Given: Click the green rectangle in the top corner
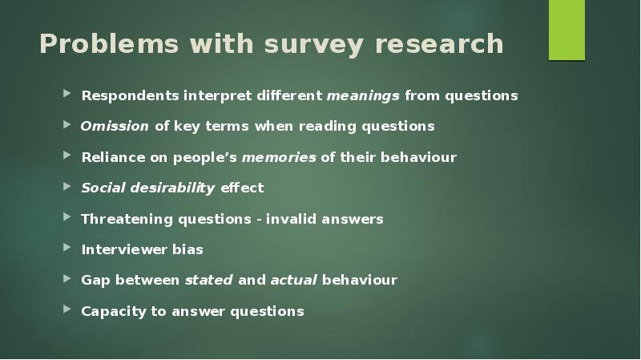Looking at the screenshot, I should click(566, 30).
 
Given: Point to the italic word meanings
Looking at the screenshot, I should click(363, 96).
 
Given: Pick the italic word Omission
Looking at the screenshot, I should click(115, 127).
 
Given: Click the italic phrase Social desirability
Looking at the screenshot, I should click(147, 188).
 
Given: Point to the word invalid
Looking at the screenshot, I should click(293, 219).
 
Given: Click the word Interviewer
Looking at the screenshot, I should click(123, 249).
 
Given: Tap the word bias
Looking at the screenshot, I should click(187, 249).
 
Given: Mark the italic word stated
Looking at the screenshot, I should click(209, 281).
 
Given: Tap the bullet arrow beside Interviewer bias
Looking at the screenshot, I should click(67, 249).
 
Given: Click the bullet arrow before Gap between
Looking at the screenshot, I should click(67, 279).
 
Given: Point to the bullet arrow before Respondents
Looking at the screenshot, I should click(67, 95).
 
